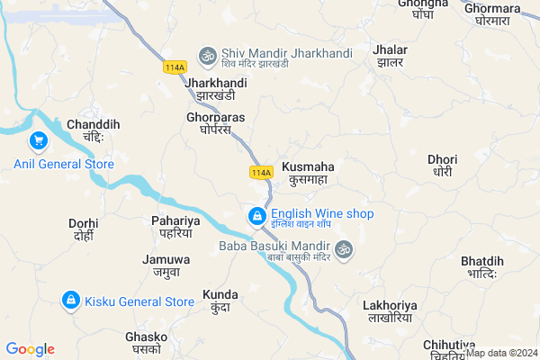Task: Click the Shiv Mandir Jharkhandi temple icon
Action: [x=208, y=54]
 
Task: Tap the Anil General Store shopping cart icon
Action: [x=39, y=140]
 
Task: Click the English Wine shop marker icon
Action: [x=256, y=216]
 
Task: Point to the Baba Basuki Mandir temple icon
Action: [x=342, y=248]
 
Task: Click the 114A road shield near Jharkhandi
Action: [x=175, y=67]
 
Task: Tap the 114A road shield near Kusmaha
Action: [x=260, y=171]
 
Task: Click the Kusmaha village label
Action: [x=308, y=174]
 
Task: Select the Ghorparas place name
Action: [x=215, y=123]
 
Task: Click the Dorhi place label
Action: [x=83, y=229]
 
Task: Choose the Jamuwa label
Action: [x=161, y=265]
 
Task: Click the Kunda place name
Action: [x=220, y=301]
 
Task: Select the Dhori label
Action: [x=442, y=165]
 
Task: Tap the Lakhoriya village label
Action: [x=388, y=310]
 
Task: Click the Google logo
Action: [x=30, y=349]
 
